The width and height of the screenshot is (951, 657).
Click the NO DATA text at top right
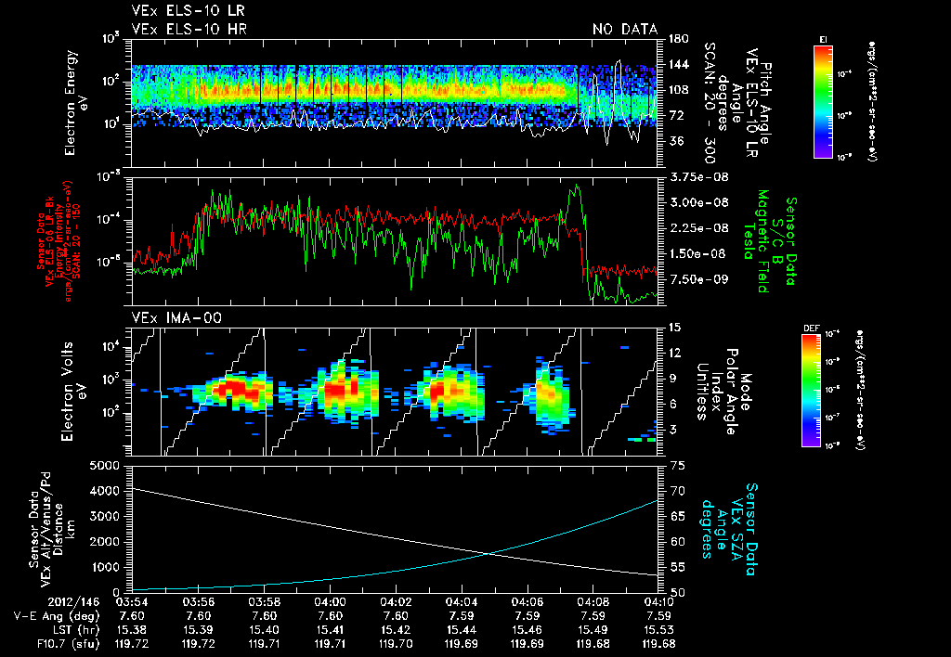pyautogui.click(x=625, y=30)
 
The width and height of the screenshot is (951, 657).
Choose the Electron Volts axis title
pyautogui.click(x=75, y=391)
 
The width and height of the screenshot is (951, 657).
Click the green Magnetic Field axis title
pyautogui.click(x=762, y=244)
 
